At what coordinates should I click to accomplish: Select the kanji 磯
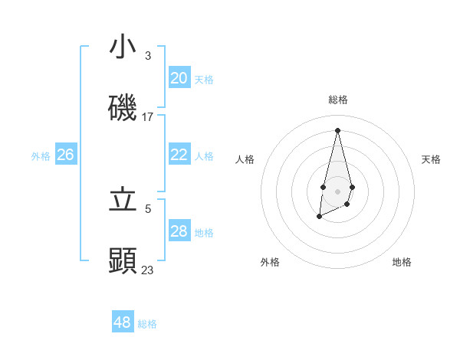(123, 107)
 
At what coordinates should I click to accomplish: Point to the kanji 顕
(123, 260)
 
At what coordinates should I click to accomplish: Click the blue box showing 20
(179, 77)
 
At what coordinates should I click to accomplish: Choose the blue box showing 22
(179, 155)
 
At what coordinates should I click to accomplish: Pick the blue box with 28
(179, 231)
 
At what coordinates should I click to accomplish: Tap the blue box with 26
(65, 155)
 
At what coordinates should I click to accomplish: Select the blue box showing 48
(123, 322)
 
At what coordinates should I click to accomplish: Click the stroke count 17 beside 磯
(148, 117)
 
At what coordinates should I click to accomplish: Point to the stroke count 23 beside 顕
(148, 270)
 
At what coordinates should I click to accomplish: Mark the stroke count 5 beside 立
(148, 208)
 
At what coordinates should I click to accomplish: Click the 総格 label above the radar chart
(337, 100)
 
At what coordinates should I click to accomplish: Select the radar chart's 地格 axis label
(402, 262)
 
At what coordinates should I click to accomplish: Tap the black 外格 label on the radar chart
(270, 262)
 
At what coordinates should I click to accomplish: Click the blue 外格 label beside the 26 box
(41, 155)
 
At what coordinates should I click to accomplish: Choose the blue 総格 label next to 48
(147, 323)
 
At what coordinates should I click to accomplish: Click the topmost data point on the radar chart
(337, 129)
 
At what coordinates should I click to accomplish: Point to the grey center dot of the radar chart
(337, 190)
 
